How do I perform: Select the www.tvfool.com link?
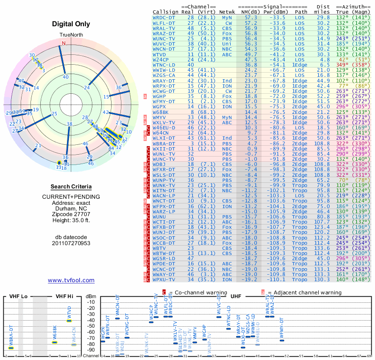[x=71, y=280]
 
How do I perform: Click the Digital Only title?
[x=71, y=24]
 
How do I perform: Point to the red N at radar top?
[x=64, y=43]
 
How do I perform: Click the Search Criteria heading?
[x=71, y=187]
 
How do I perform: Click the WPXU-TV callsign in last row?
[x=164, y=279]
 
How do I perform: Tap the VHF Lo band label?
[x=19, y=296]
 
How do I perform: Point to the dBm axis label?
[x=90, y=296]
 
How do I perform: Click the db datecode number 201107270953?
[x=71, y=243]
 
